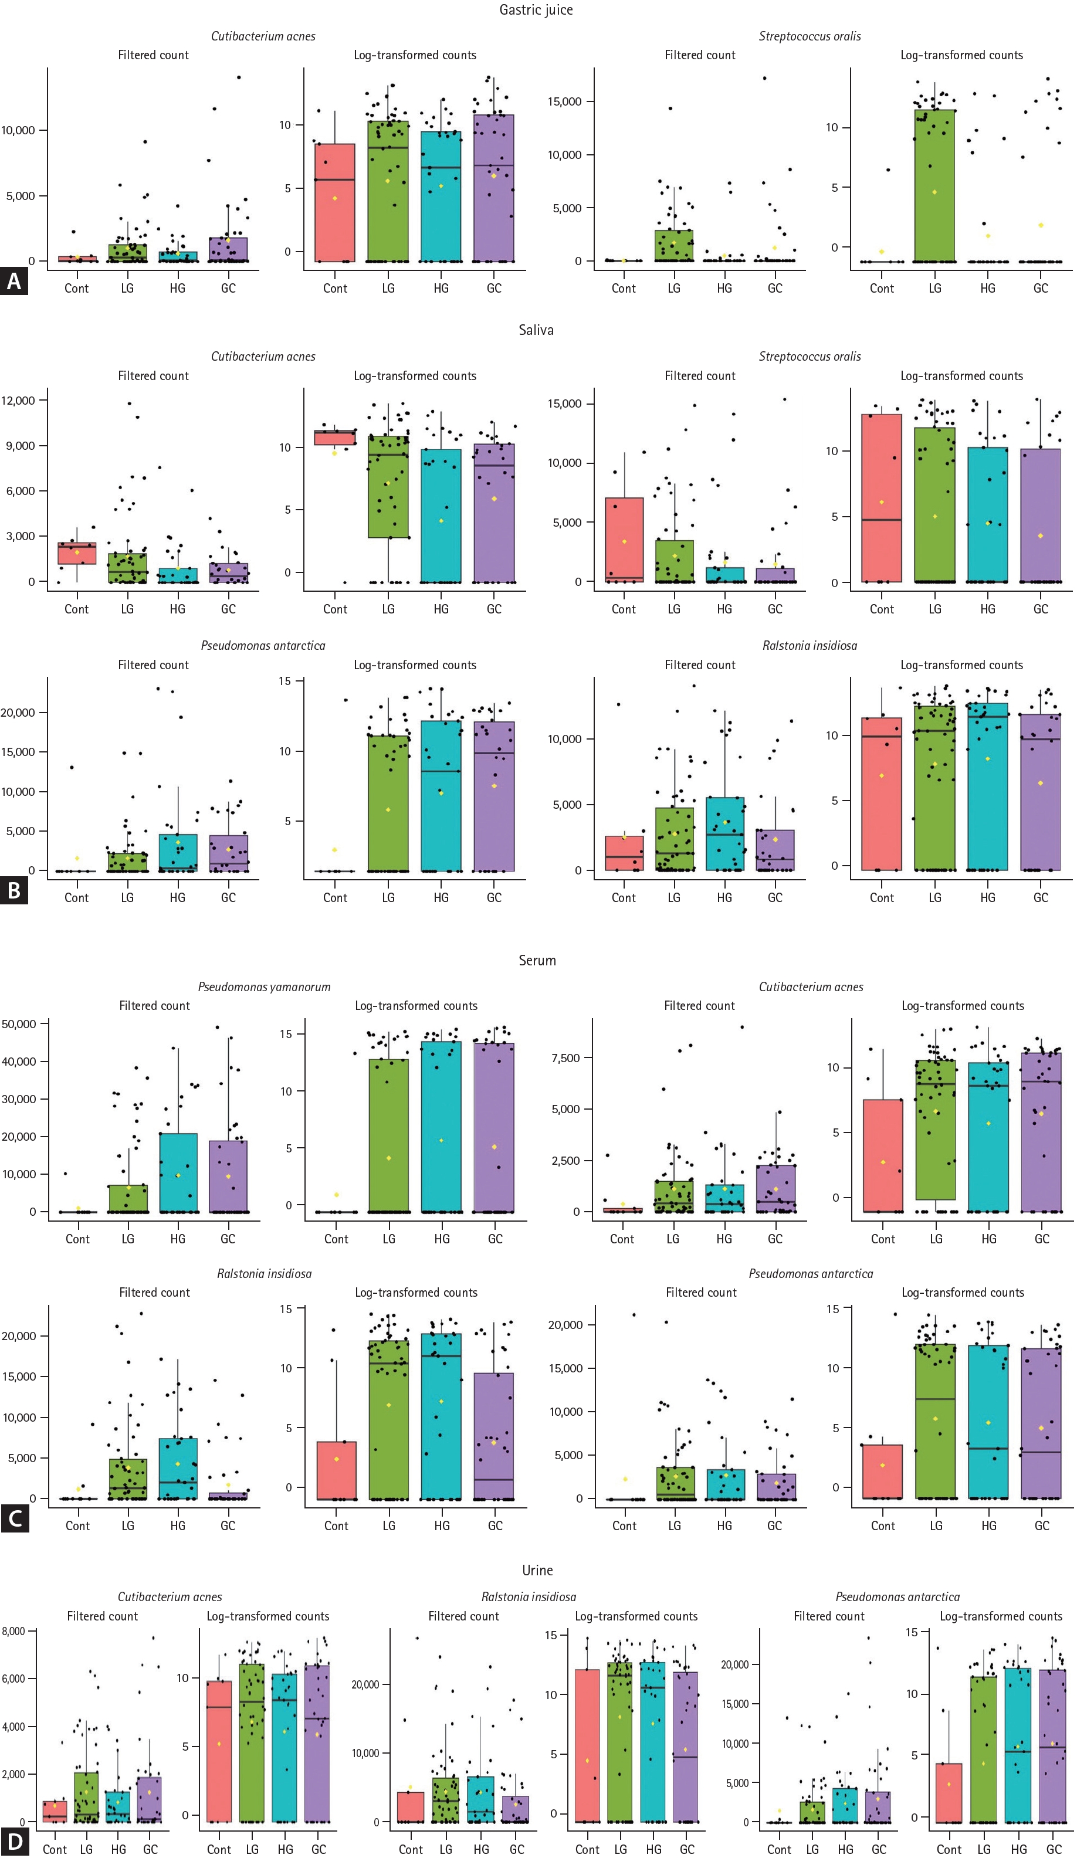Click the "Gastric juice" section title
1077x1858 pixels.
(x=536, y=9)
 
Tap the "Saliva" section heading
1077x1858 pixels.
(x=536, y=330)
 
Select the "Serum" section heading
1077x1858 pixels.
(x=537, y=960)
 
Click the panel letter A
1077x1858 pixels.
(x=14, y=281)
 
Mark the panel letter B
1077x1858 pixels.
(x=14, y=891)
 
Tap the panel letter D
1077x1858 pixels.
(x=14, y=1842)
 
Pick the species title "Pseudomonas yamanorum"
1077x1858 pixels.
(x=264, y=986)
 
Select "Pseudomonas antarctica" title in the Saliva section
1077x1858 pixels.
(x=263, y=645)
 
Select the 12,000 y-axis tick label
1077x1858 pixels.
(x=18, y=401)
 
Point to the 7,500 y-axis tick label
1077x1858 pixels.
(x=566, y=1057)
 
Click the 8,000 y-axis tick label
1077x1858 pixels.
(x=13, y=1631)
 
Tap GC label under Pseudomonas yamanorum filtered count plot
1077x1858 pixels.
(x=228, y=1239)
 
